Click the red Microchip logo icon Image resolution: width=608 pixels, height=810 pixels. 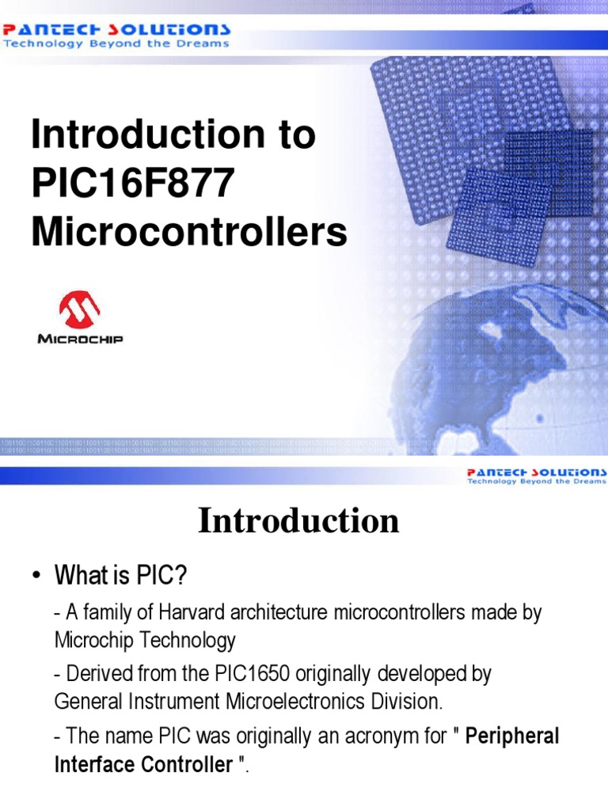pyautogui.click(x=78, y=310)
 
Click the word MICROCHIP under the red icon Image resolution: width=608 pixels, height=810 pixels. pyautogui.click(x=80, y=339)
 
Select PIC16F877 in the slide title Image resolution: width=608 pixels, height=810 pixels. pyautogui.click(x=133, y=184)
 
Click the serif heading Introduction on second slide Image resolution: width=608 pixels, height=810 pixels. pyautogui.click(x=298, y=521)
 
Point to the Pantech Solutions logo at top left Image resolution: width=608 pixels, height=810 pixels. pyautogui.click(x=117, y=29)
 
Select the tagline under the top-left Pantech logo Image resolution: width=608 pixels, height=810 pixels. pyautogui.click(x=116, y=44)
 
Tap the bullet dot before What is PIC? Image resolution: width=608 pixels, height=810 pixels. pyautogui.click(x=36, y=577)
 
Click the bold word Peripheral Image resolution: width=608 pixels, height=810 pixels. pyautogui.click(x=512, y=736)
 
